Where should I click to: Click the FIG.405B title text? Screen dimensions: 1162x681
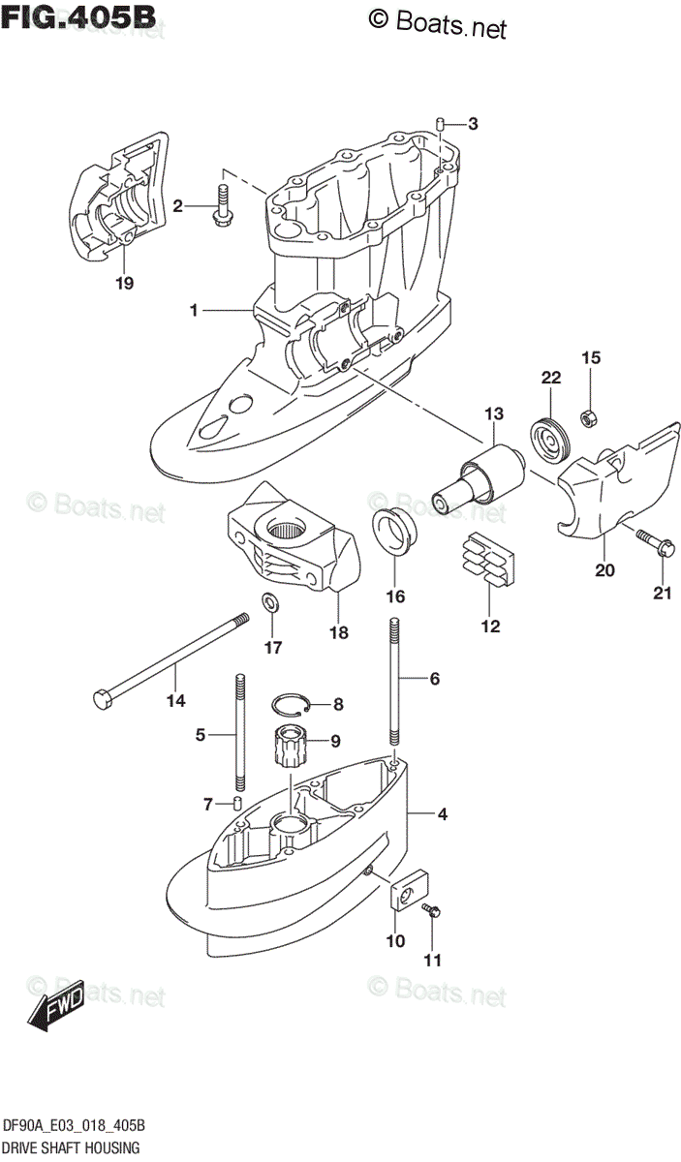coord(78,17)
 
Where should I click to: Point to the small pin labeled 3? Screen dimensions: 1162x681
coord(439,124)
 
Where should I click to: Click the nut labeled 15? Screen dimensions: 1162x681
coord(587,418)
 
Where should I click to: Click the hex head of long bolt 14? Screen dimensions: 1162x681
coord(102,697)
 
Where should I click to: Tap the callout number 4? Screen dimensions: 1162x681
coord(442,814)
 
